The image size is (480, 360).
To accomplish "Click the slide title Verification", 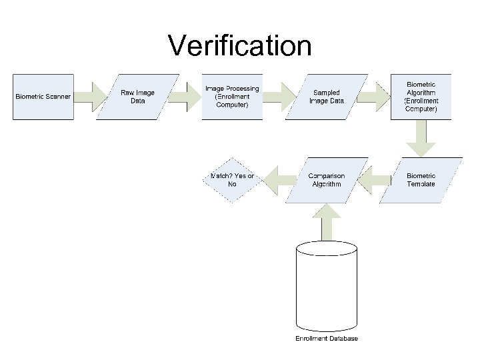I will pyautogui.click(x=239, y=46).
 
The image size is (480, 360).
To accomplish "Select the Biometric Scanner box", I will pyautogui.click(x=43, y=97).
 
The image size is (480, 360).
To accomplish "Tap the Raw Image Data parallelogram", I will pyautogui.click(x=137, y=97).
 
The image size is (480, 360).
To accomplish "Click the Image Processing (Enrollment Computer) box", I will pyautogui.click(x=232, y=97).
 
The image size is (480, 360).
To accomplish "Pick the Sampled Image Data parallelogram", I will pyautogui.click(x=327, y=97).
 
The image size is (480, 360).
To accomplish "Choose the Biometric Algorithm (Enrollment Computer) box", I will pyautogui.click(x=421, y=97).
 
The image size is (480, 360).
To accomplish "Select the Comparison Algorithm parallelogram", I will pyautogui.click(x=327, y=180).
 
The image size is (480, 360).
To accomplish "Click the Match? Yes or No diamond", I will pyautogui.click(x=232, y=180).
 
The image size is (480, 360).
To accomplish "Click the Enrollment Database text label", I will pyautogui.click(x=327, y=339).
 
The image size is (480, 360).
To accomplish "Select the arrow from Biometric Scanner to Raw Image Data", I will pyautogui.click(x=90, y=97).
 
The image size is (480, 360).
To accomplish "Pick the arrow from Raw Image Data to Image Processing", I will pyautogui.click(x=185, y=97).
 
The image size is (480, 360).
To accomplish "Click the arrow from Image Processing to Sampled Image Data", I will pyautogui.click(x=279, y=97).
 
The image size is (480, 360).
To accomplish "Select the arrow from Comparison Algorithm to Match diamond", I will pyautogui.click(x=279, y=180).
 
